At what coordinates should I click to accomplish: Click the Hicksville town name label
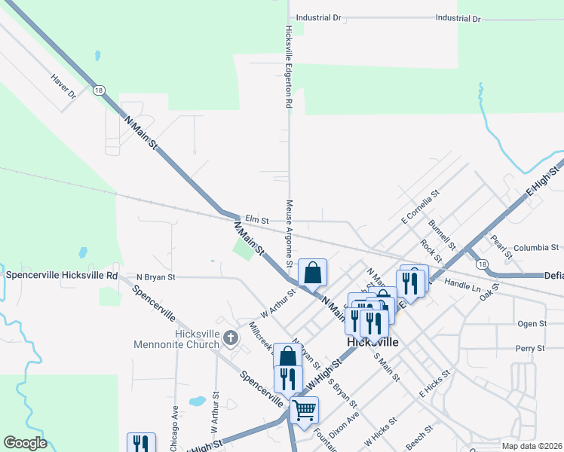point(372,341)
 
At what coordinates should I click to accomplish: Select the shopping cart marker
point(304,411)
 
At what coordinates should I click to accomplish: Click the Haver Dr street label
point(64,86)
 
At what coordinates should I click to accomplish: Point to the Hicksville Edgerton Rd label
point(288,69)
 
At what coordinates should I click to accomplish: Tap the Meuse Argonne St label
point(289,234)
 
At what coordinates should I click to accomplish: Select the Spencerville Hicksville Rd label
point(62,275)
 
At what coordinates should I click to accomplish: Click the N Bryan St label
point(155,277)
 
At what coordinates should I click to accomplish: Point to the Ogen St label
point(532,323)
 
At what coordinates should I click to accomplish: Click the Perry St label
point(531,348)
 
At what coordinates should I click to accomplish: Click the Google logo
point(25,443)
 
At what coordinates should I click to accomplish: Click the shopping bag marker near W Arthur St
point(312,272)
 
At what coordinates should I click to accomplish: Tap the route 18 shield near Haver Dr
point(99,90)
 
